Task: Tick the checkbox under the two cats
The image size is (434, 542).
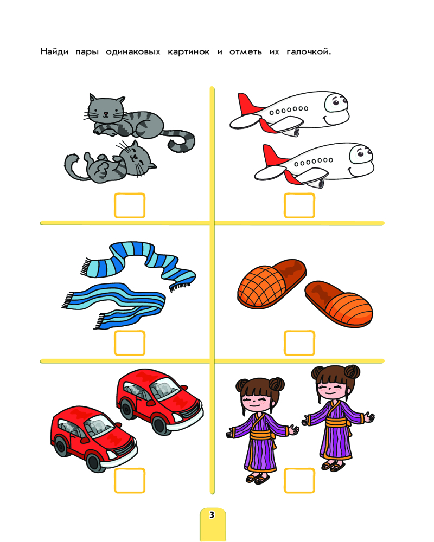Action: coord(130,205)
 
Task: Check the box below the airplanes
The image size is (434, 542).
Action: coord(299,205)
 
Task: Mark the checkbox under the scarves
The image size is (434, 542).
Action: coord(130,343)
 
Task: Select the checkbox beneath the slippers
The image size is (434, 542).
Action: coord(299,343)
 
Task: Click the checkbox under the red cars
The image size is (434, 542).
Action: coord(130,480)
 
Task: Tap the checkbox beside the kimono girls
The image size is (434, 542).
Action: coord(299,480)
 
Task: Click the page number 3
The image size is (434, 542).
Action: coord(212,515)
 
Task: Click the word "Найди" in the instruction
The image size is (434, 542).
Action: coord(54,51)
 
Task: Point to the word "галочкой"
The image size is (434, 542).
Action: coord(308,52)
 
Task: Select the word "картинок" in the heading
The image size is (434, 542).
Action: coord(189,52)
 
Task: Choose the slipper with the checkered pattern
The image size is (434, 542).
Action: coord(272,283)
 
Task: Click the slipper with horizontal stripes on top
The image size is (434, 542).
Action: coord(339,304)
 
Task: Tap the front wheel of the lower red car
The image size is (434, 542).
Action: coord(94,463)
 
